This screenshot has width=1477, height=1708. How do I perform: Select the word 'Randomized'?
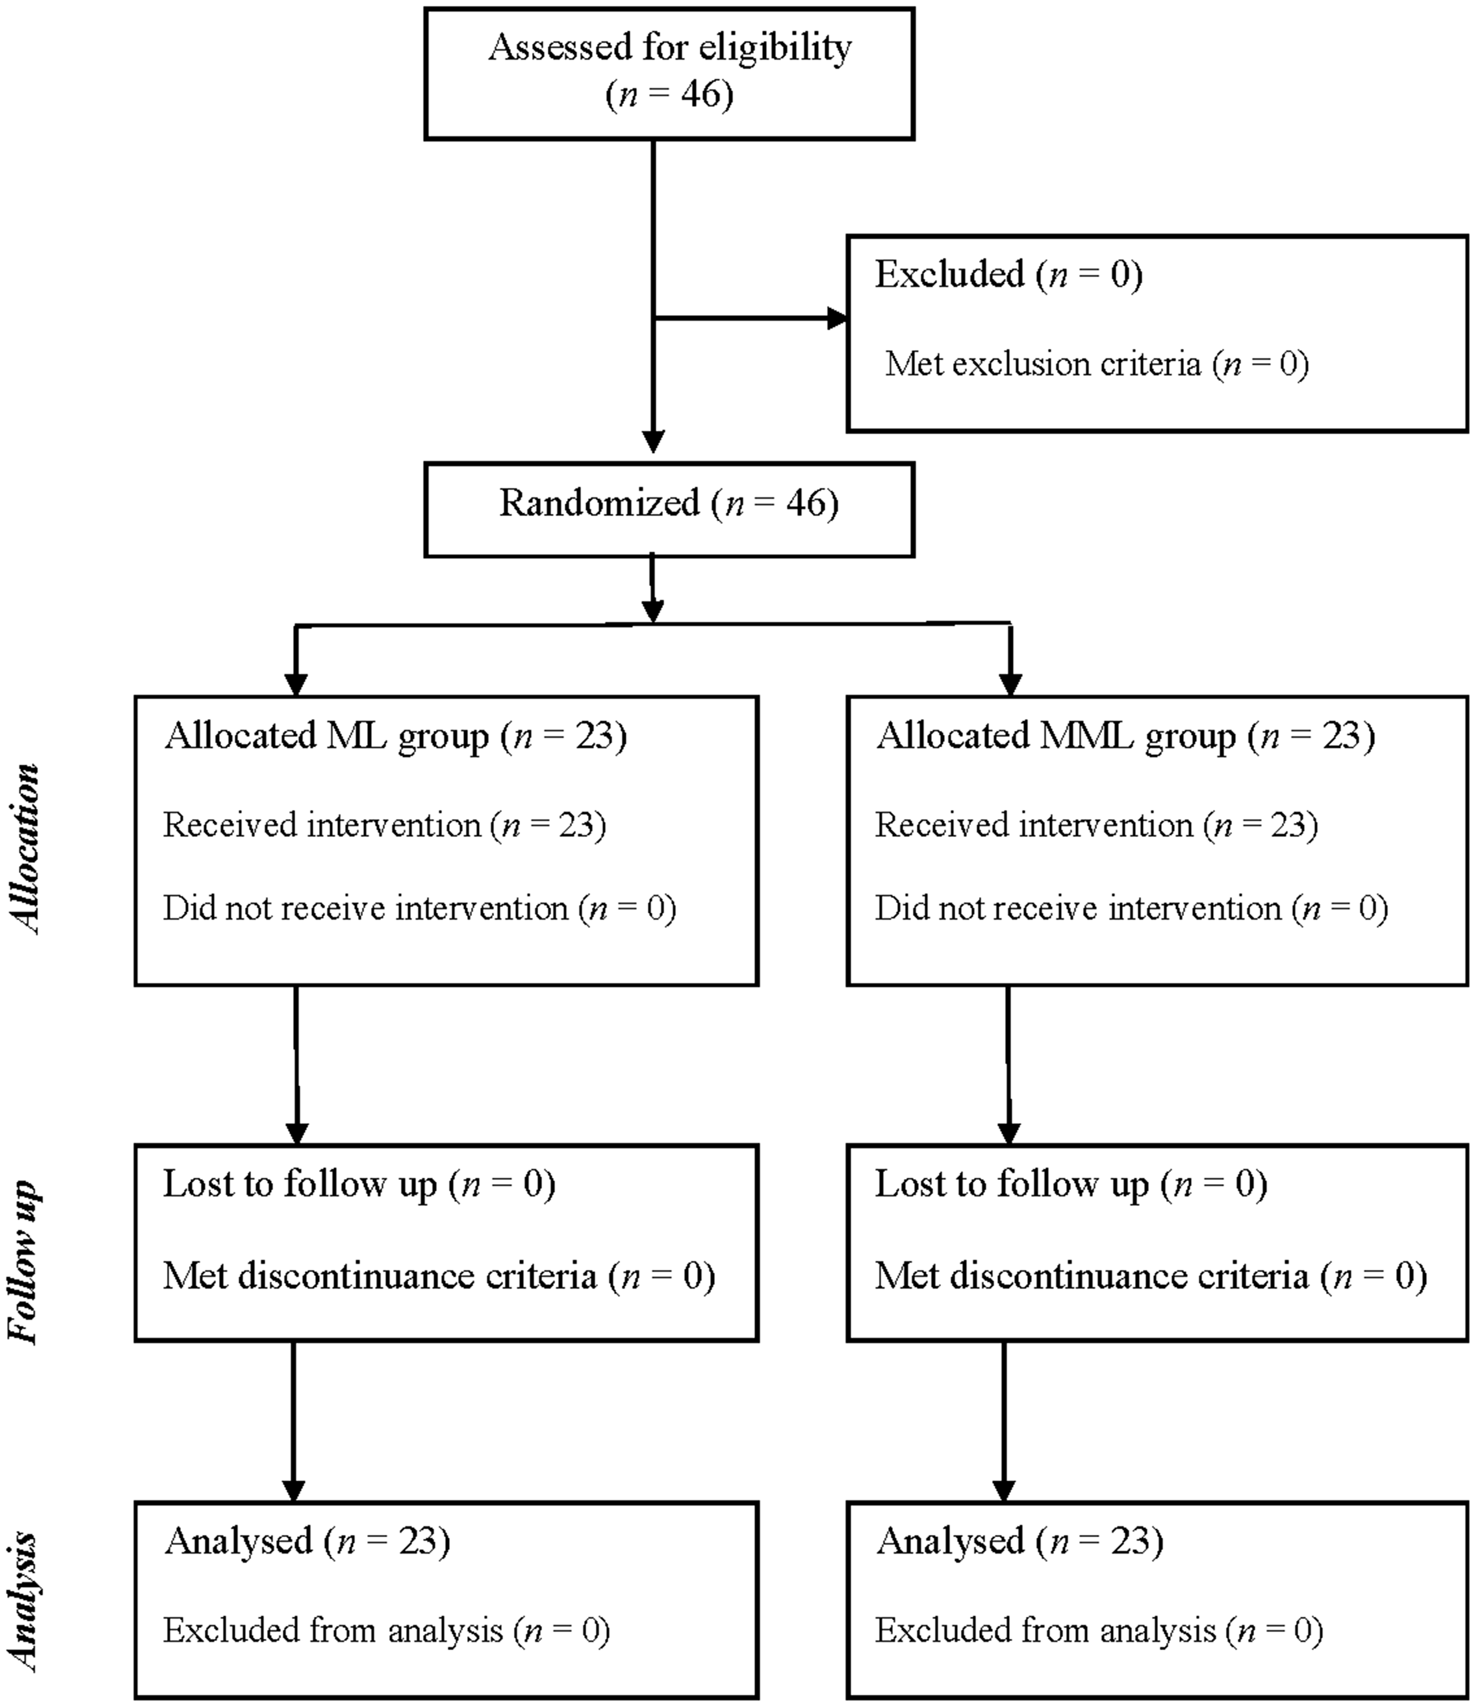click(x=599, y=503)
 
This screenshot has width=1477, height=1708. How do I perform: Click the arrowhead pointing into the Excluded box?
click(x=838, y=319)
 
